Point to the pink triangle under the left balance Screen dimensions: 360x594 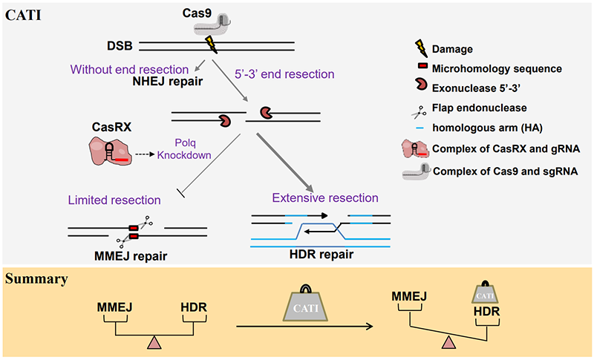[x=154, y=341]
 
